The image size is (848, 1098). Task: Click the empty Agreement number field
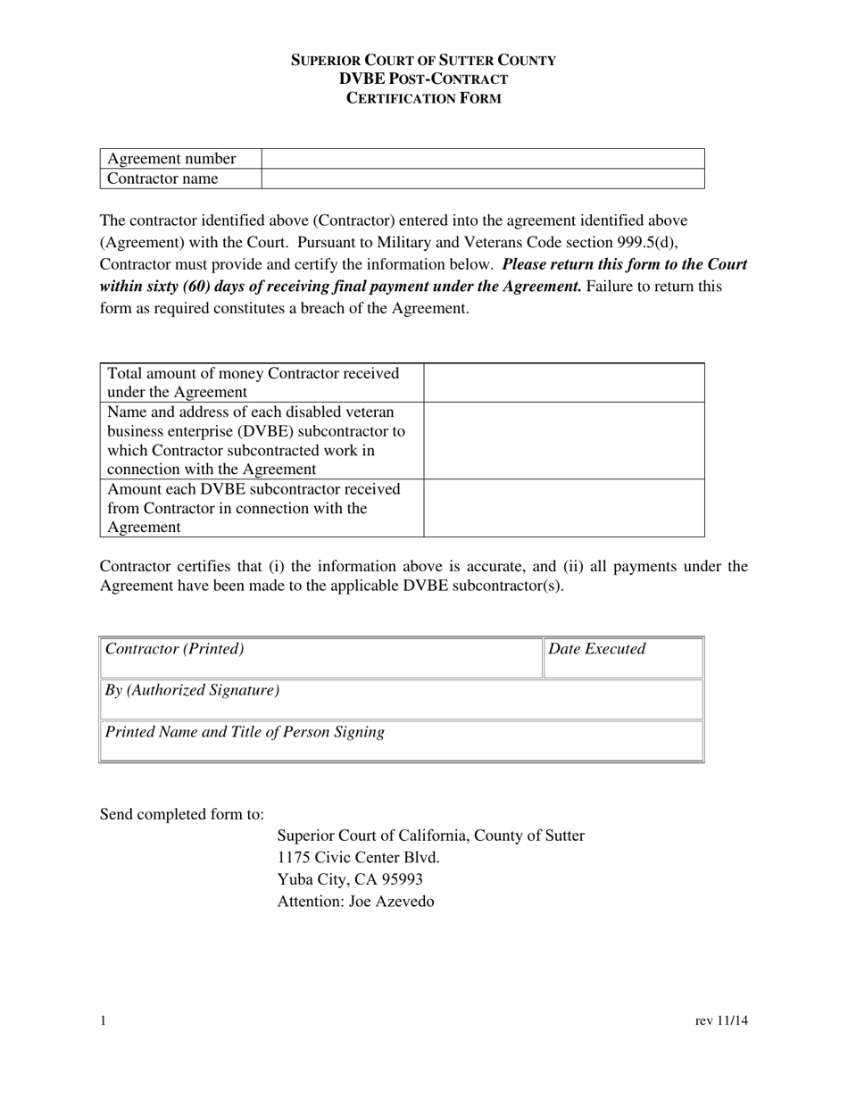(x=483, y=159)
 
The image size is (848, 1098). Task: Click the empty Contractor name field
(x=483, y=179)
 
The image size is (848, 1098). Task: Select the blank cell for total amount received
(x=564, y=382)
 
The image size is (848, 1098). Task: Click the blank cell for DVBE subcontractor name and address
(x=564, y=440)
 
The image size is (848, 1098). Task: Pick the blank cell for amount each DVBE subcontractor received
(x=564, y=508)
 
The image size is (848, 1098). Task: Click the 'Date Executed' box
(x=623, y=657)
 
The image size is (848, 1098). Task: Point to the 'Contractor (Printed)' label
(x=175, y=649)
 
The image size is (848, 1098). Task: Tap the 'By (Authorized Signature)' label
(x=193, y=690)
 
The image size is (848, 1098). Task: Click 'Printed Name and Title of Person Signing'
(x=245, y=732)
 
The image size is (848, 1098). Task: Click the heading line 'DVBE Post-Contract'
(x=424, y=79)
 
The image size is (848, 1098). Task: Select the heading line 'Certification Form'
(x=424, y=98)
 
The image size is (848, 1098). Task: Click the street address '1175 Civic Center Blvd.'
(x=359, y=858)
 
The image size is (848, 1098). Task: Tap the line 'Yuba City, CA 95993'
(x=350, y=879)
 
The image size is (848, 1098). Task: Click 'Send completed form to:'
(x=182, y=814)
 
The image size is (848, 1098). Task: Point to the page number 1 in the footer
(x=104, y=1021)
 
